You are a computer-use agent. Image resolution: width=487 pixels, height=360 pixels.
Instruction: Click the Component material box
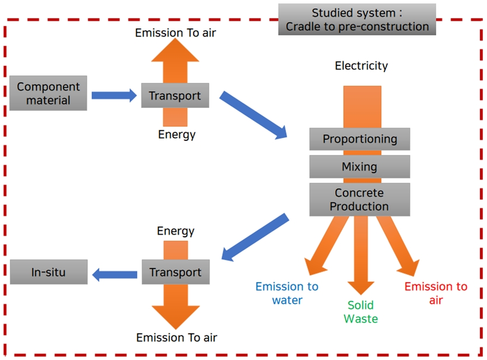(x=48, y=93)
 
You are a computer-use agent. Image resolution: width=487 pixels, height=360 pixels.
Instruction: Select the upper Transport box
(x=175, y=96)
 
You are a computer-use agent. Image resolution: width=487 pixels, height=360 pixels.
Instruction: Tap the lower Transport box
(x=175, y=272)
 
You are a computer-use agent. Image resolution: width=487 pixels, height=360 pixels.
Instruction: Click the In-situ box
(x=49, y=272)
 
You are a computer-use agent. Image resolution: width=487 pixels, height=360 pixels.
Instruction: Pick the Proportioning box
(x=359, y=139)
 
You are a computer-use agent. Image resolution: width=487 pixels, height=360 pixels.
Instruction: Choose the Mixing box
(x=359, y=166)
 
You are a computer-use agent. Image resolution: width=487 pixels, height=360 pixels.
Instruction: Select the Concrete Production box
(x=359, y=200)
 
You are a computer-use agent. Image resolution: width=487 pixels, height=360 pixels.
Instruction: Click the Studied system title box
(x=357, y=20)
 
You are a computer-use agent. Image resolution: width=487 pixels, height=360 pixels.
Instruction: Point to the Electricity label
(x=361, y=66)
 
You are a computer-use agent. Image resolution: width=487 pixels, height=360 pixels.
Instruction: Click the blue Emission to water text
(x=287, y=293)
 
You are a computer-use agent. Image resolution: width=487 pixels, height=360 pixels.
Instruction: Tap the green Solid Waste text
(x=360, y=311)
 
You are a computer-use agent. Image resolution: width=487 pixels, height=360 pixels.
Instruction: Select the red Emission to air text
(x=436, y=293)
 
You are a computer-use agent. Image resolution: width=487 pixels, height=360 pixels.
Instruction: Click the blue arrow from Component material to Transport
(x=114, y=96)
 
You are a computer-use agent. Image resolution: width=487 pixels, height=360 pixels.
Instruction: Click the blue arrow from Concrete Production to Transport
(x=255, y=237)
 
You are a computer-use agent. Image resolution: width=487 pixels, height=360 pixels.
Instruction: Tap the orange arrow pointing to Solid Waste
(x=360, y=256)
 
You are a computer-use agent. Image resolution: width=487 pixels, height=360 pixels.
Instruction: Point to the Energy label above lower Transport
(x=175, y=231)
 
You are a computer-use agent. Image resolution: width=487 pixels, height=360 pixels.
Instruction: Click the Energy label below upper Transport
(x=176, y=134)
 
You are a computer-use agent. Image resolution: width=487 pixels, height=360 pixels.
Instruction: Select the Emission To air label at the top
(x=175, y=33)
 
